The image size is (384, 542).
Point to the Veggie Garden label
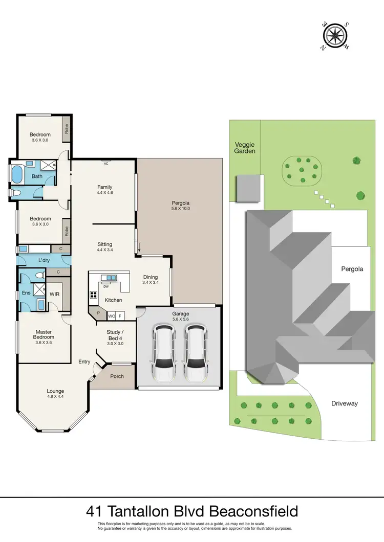click(x=245, y=148)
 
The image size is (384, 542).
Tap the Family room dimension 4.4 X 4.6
click(x=104, y=193)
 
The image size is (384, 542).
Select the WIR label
click(x=54, y=294)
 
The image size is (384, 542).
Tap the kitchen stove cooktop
click(x=94, y=294)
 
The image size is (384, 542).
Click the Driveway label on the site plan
click(x=344, y=403)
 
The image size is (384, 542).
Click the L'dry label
click(x=44, y=261)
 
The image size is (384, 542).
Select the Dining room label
click(x=151, y=277)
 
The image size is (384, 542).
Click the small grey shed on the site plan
click(x=247, y=188)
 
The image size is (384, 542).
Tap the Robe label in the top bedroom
click(x=66, y=129)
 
